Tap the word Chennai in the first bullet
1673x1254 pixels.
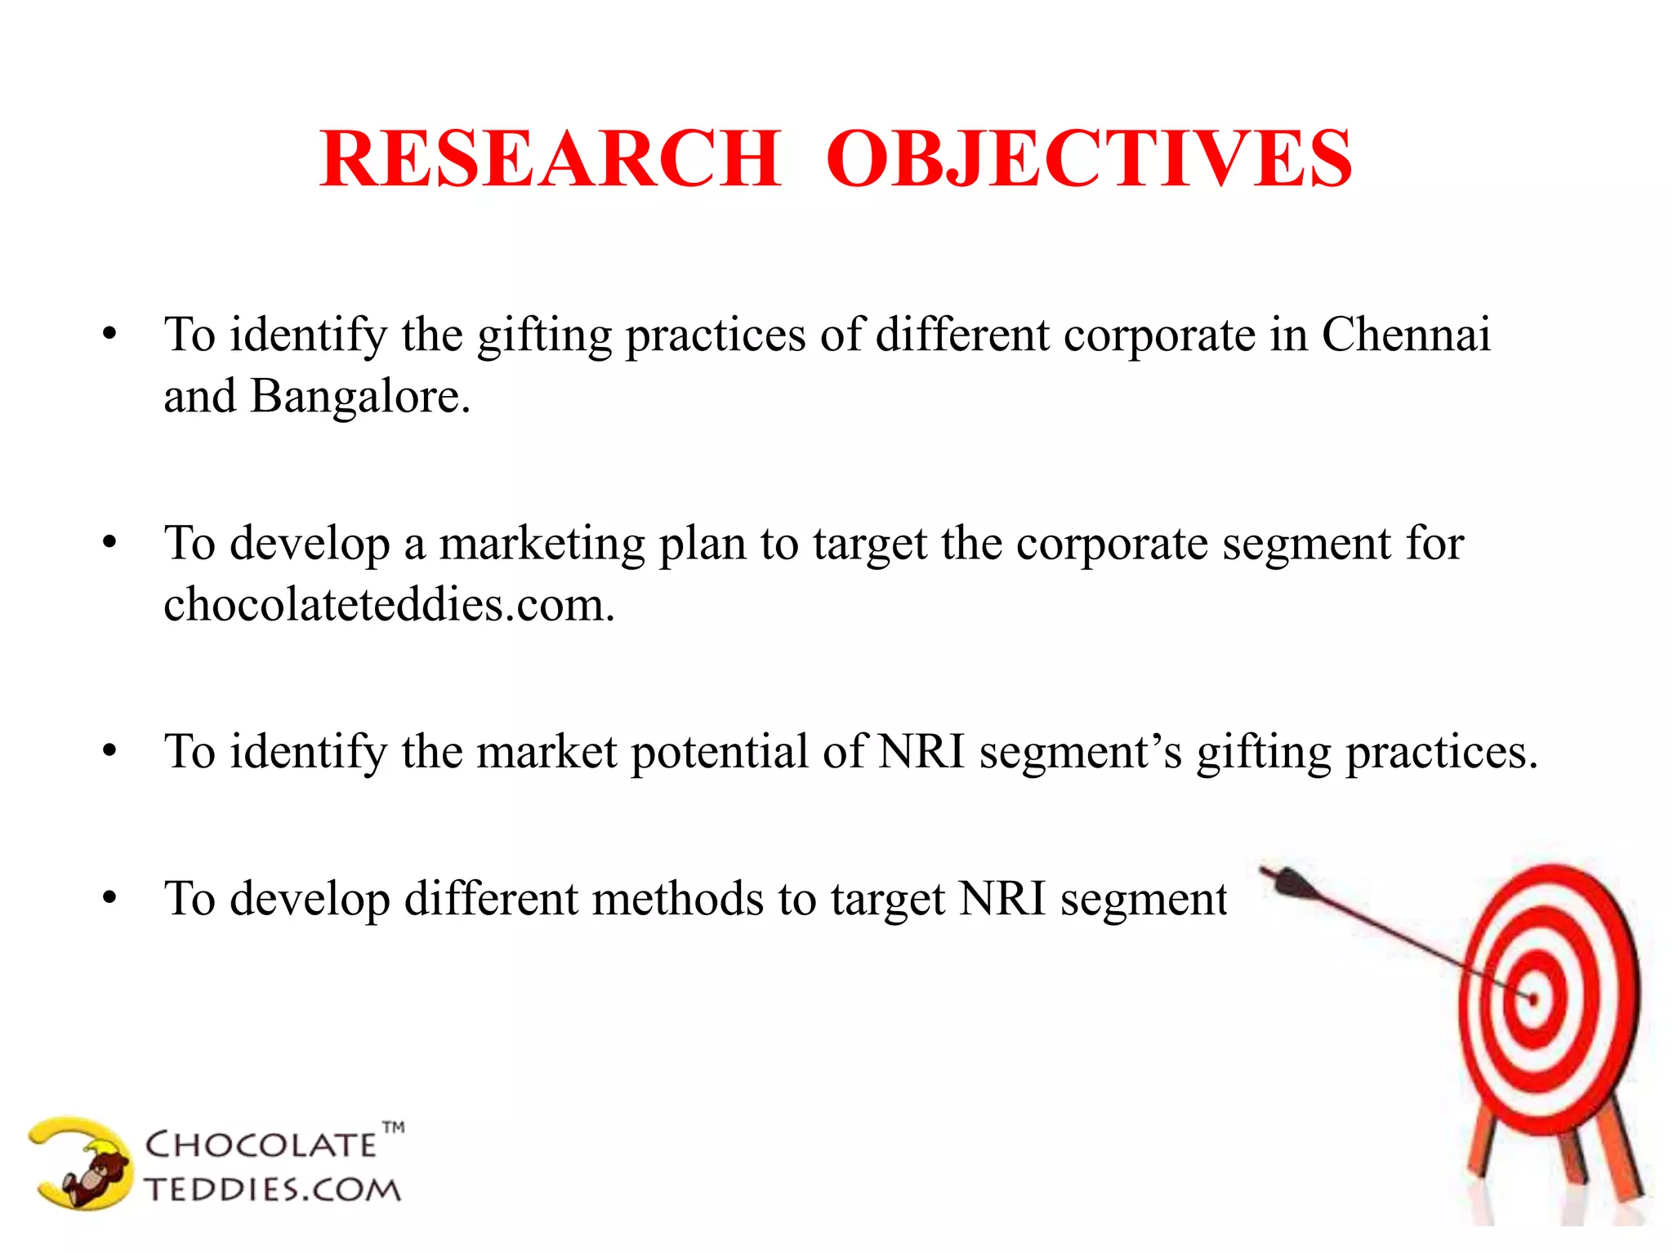1406,335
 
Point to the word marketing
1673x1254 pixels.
542,544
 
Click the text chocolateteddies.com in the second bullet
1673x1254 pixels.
389,605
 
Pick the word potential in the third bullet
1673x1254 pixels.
719,752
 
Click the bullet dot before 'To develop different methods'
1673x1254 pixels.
110,899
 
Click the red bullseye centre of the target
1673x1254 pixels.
1533,998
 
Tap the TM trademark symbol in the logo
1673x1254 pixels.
394,1128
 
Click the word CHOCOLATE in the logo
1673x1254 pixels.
260,1145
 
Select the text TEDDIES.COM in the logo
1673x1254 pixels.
273,1190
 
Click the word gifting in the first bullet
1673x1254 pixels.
544,336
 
